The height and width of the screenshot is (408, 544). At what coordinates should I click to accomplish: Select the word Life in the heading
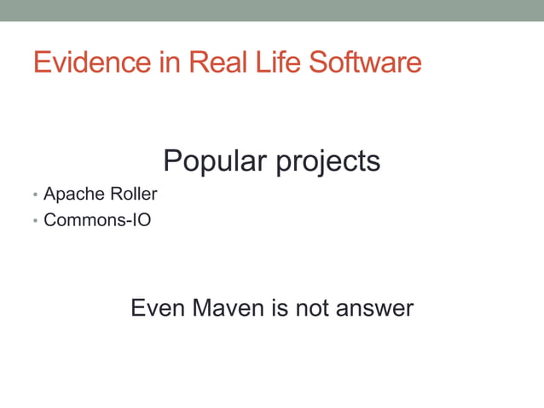(x=277, y=62)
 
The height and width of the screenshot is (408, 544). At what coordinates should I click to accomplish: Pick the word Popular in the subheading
(x=212, y=160)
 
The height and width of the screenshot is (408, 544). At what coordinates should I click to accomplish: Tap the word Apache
(x=72, y=195)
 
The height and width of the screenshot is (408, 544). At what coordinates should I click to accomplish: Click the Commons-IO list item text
(x=97, y=220)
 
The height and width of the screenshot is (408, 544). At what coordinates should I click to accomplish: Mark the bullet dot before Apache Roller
(x=35, y=195)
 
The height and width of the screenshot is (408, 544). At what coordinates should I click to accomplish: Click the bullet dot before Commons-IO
(x=35, y=221)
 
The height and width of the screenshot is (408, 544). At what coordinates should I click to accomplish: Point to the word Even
(x=157, y=307)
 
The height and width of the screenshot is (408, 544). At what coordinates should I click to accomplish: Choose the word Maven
(x=228, y=307)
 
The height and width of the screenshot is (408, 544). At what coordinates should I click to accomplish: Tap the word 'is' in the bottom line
(x=280, y=307)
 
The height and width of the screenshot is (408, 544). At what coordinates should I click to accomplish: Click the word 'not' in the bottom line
(x=313, y=307)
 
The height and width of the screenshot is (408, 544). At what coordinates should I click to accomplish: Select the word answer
(x=375, y=308)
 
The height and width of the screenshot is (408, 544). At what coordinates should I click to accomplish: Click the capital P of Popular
(x=171, y=160)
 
